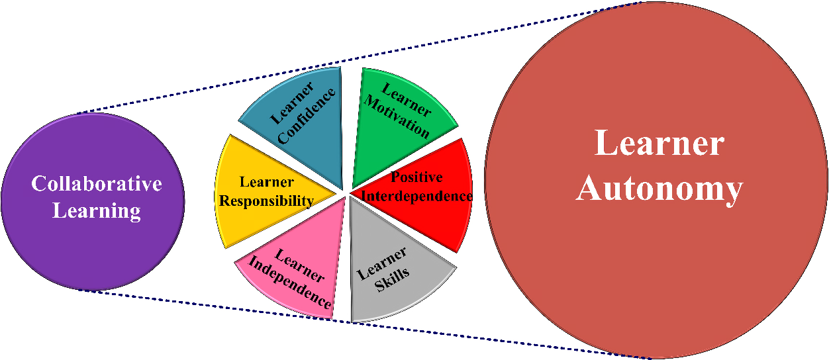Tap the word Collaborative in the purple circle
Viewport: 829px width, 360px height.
(97, 183)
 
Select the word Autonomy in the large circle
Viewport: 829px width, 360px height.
(659, 189)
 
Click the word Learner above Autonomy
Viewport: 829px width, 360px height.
(659, 143)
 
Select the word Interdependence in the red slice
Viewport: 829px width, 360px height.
(417, 197)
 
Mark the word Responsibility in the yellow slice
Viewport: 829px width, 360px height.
(266, 201)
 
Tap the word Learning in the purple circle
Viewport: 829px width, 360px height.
(97, 211)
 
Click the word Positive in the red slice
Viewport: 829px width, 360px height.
(416, 177)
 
